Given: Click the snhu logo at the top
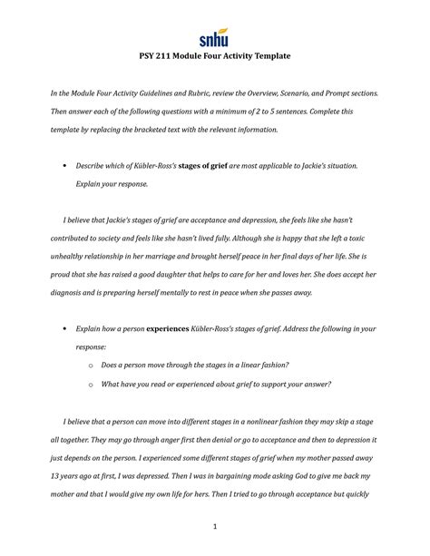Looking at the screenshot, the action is coord(214,39).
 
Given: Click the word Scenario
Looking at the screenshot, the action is coord(335,94).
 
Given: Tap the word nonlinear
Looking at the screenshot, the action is coord(238,423).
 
